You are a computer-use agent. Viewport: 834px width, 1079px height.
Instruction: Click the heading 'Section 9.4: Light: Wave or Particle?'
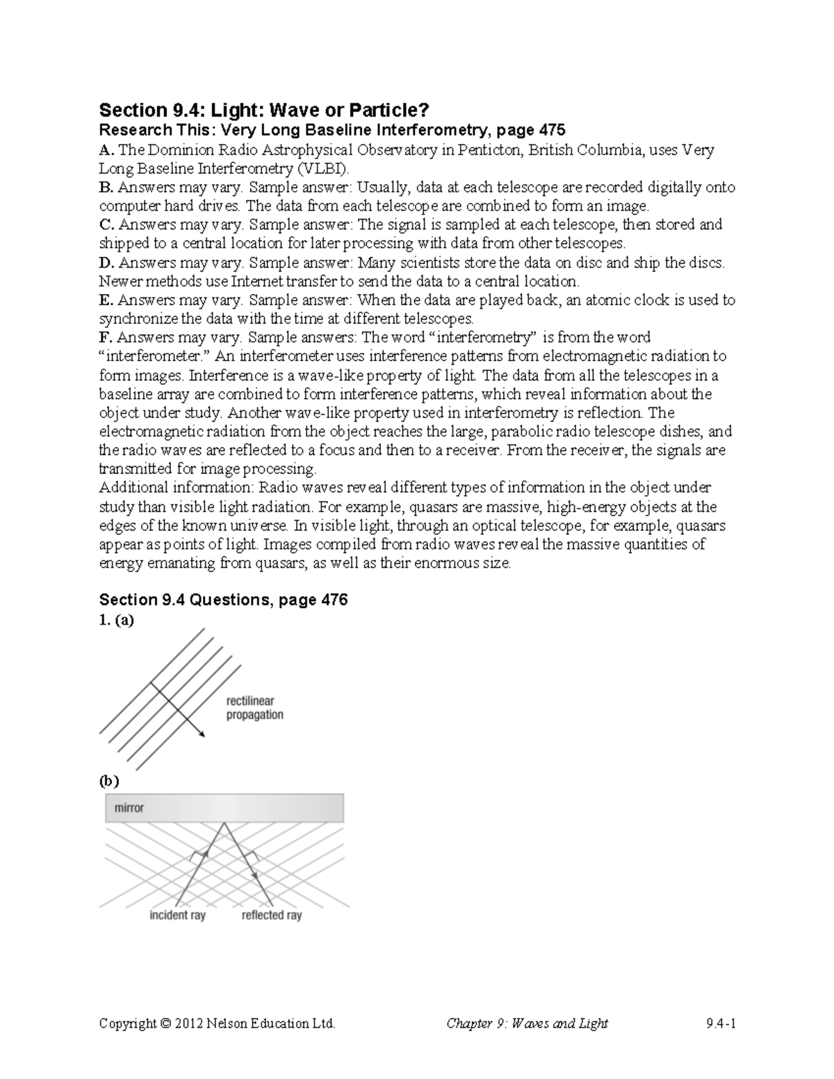[265, 110]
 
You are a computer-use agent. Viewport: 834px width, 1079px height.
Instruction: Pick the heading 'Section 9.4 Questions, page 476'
[223, 600]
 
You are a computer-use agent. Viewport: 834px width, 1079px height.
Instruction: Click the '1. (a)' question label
[116, 620]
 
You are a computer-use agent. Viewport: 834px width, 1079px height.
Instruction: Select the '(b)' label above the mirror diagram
[109, 781]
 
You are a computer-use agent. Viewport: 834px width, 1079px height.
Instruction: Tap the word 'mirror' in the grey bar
[129, 808]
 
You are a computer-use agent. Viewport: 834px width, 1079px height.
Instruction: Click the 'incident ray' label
[177, 915]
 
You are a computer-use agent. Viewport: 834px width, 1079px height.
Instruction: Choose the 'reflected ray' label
[272, 915]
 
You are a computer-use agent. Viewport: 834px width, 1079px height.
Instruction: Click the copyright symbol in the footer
[164, 1023]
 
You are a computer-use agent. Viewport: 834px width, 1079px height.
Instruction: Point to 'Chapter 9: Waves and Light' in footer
[527, 1023]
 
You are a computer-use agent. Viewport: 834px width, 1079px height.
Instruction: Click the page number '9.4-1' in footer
[720, 1023]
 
